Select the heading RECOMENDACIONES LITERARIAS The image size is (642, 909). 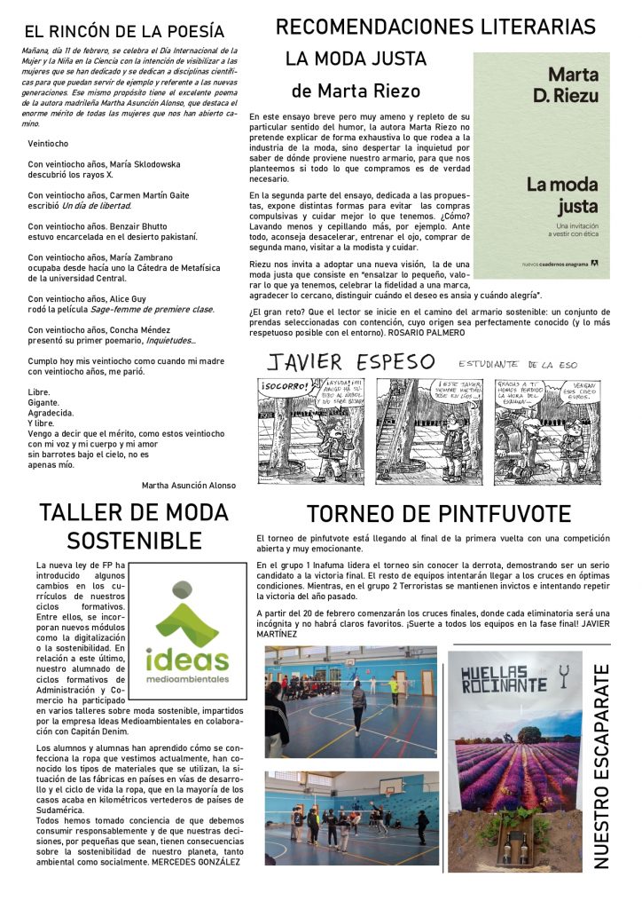[x=435, y=27]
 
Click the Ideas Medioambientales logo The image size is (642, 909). [x=186, y=633]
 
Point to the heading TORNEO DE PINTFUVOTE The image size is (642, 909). [x=438, y=514]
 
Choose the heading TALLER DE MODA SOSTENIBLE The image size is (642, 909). [x=134, y=526]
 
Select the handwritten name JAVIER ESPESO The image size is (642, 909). [x=352, y=362]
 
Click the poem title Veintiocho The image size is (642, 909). [x=49, y=143]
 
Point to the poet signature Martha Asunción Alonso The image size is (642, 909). [x=189, y=486]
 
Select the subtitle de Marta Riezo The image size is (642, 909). [x=356, y=91]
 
